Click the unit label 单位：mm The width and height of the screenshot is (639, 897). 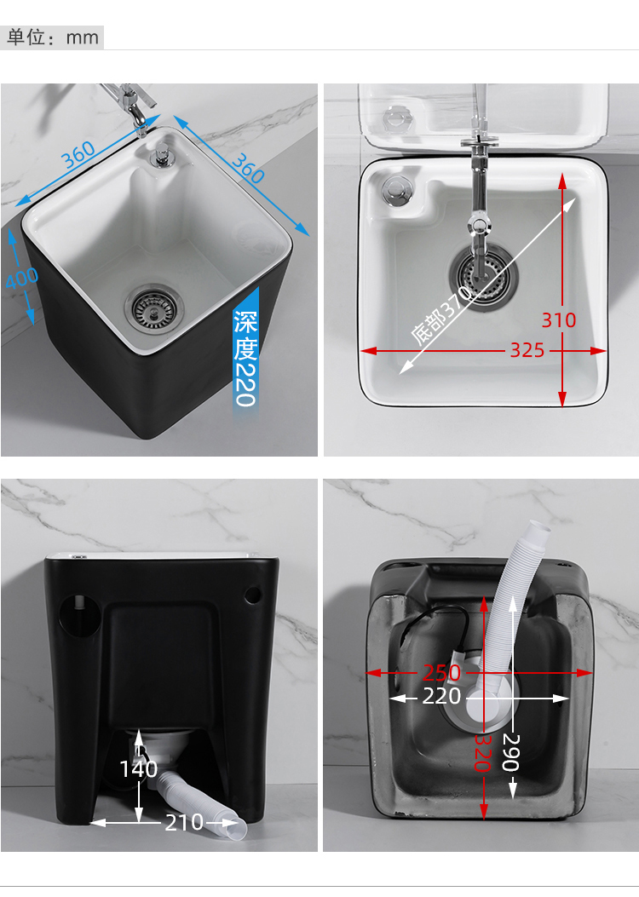click(52, 37)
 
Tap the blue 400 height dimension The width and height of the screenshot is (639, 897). click(22, 278)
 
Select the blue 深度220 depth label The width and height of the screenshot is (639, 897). click(245, 358)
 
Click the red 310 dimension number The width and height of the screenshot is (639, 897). click(558, 319)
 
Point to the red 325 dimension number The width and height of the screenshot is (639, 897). click(527, 350)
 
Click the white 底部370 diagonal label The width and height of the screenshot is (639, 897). click(441, 315)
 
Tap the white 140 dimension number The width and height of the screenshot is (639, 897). click(138, 769)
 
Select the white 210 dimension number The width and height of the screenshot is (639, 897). click(184, 823)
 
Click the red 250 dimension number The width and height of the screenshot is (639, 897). click(441, 673)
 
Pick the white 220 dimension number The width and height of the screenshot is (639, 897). click(441, 696)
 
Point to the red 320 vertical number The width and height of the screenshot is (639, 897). click(483, 752)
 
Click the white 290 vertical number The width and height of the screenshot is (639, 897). click(511, 752)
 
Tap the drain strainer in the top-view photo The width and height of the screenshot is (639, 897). click(483, 276)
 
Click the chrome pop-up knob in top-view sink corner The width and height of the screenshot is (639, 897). click(396, 190)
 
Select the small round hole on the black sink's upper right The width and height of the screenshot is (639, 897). click(252, 595)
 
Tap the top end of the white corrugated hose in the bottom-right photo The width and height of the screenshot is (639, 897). click(538, 529)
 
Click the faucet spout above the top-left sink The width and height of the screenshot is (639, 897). click(138, 121)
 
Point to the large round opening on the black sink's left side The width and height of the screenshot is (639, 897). click(79, 615)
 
